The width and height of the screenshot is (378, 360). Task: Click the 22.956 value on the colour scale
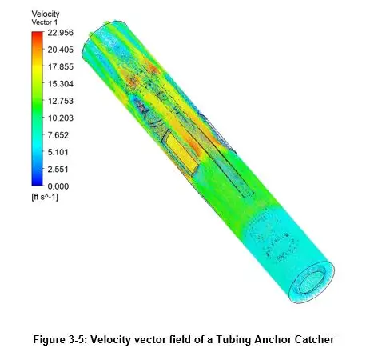[61, 33]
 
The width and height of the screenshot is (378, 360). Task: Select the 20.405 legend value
[61, 50]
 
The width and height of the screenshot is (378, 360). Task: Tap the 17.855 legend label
[61, 67]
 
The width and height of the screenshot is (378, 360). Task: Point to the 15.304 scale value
[61, 84]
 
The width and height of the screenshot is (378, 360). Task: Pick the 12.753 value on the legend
[61, 101]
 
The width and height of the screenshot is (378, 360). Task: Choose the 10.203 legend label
[61, 118]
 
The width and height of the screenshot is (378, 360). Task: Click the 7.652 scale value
[58, 135]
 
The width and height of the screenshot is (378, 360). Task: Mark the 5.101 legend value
[58, 152]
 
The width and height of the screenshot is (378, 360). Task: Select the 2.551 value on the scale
[58, 170]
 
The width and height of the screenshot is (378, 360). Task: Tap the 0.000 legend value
[58, 186]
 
